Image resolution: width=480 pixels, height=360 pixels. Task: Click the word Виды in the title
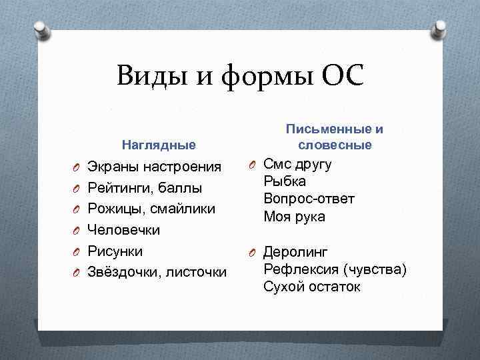pyautogui.click(x=151, y=76)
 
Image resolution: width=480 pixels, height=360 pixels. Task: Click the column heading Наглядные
pyautogui.click(x=158, y=145)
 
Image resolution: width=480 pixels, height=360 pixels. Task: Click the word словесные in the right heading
pyautogui.click(x=335, y=145)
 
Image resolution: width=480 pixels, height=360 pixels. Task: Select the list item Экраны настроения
pyautogui.click(x=154, y=166)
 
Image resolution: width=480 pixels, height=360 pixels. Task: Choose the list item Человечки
pyautogui.click(x=124, y=230)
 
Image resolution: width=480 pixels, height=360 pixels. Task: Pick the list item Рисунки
pyautogui.click(x=115, y=251)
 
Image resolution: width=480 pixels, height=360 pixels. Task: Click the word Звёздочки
pyautogui.click(x=124, y=273)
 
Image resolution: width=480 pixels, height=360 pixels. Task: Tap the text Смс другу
pyautogui.click(x=297, y=165)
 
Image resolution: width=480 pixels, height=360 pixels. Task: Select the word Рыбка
pyautogui.click(x=285, y=181)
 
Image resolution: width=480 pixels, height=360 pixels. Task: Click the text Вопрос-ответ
pyautogui.click(x=309, y=199)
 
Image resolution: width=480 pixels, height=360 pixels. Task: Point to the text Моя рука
pyautogui.click(x=294, y=216)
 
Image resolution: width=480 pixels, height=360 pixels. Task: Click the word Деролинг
pyautogui.click(x=295, y=252)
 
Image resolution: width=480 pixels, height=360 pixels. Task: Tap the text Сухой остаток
pyautogui.click(x=311, y=287)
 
